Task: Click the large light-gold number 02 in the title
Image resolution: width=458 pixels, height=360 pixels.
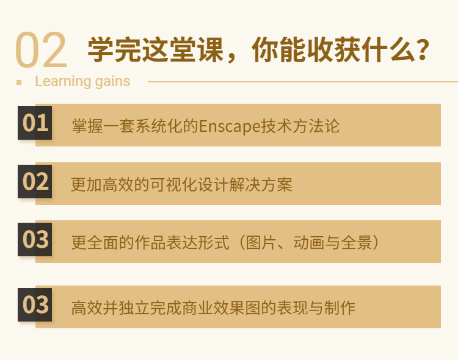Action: pyautogui.click(x=41, y=49)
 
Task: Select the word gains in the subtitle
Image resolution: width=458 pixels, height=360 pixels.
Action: pyautogui.click(x=113, y=81)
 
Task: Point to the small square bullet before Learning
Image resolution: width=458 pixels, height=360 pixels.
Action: pyautogui.click(x=19, y=82)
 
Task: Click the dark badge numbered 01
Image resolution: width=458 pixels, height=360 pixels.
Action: pyautogui.click(x=35, y=123)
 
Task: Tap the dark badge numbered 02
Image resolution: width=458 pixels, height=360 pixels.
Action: pyautogui.click(x=35, y=181)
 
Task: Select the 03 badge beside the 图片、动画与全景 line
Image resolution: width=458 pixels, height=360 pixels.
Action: pyautogui.click(x=35, y=239)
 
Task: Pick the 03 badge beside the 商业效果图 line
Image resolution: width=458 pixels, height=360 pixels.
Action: pyautogui.click(x=35, y=304)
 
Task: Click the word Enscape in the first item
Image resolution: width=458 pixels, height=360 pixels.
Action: pyautogui.click(x=230, y=126)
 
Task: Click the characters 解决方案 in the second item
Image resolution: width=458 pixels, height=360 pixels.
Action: pyautogui.click(x=261, y=184)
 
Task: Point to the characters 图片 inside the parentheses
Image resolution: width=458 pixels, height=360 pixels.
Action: pyautogui.click(x=261, y=243)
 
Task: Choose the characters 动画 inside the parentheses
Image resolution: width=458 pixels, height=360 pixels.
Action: pyautogui.click(x=309, y=243)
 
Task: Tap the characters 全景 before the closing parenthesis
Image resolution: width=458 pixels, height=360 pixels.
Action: pyautogui.click(x=357, y=243)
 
